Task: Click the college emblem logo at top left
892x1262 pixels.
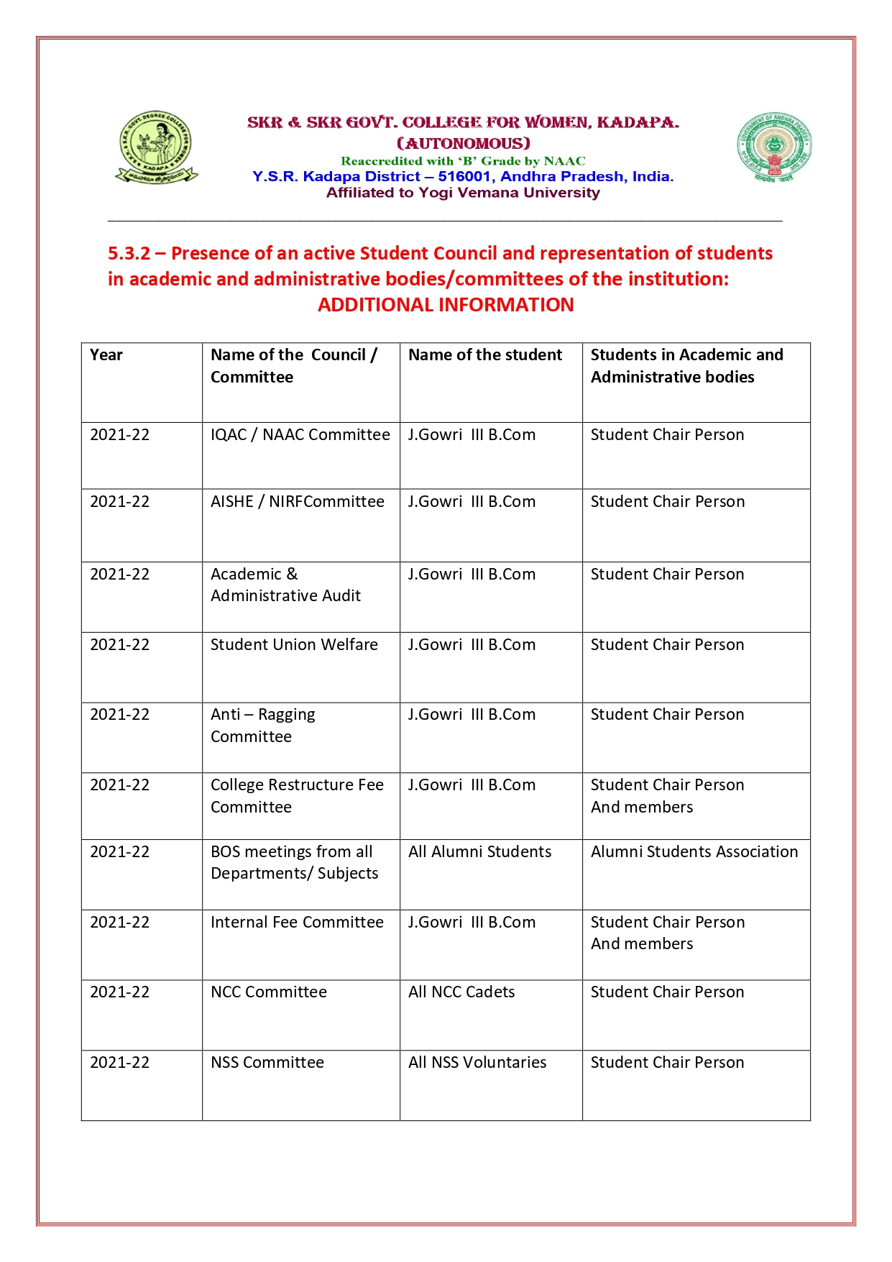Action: click(157, 147)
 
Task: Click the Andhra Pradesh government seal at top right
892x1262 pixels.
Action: click(774, 147)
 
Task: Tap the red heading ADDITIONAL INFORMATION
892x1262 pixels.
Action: click(446, 305)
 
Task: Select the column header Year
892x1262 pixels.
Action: click(106, 355)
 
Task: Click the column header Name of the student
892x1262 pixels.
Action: click(485, 355)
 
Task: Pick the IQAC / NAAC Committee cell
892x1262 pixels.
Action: click(300, 435)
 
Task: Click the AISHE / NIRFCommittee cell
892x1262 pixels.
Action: click(298, 502)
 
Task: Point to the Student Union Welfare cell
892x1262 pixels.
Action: click(294, 645)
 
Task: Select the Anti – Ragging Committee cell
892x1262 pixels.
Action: click(263, 726)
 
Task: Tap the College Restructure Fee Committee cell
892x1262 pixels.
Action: click(297, 796)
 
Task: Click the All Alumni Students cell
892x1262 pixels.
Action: click(480, 852)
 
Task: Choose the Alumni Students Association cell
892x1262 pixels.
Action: click(694, 852)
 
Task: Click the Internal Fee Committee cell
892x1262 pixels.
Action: click(297, 923)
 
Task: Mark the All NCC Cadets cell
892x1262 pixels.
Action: click(461, 992)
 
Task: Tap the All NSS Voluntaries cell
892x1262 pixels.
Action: click(477, 1063)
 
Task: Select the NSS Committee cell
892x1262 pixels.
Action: click(267, 1063)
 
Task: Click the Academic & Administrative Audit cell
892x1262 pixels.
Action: click(285, 585)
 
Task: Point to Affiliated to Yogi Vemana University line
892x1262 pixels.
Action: click(463, 193)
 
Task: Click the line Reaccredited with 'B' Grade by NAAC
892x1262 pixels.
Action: click(463, 161)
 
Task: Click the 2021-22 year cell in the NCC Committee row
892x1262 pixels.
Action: click(120, 992)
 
